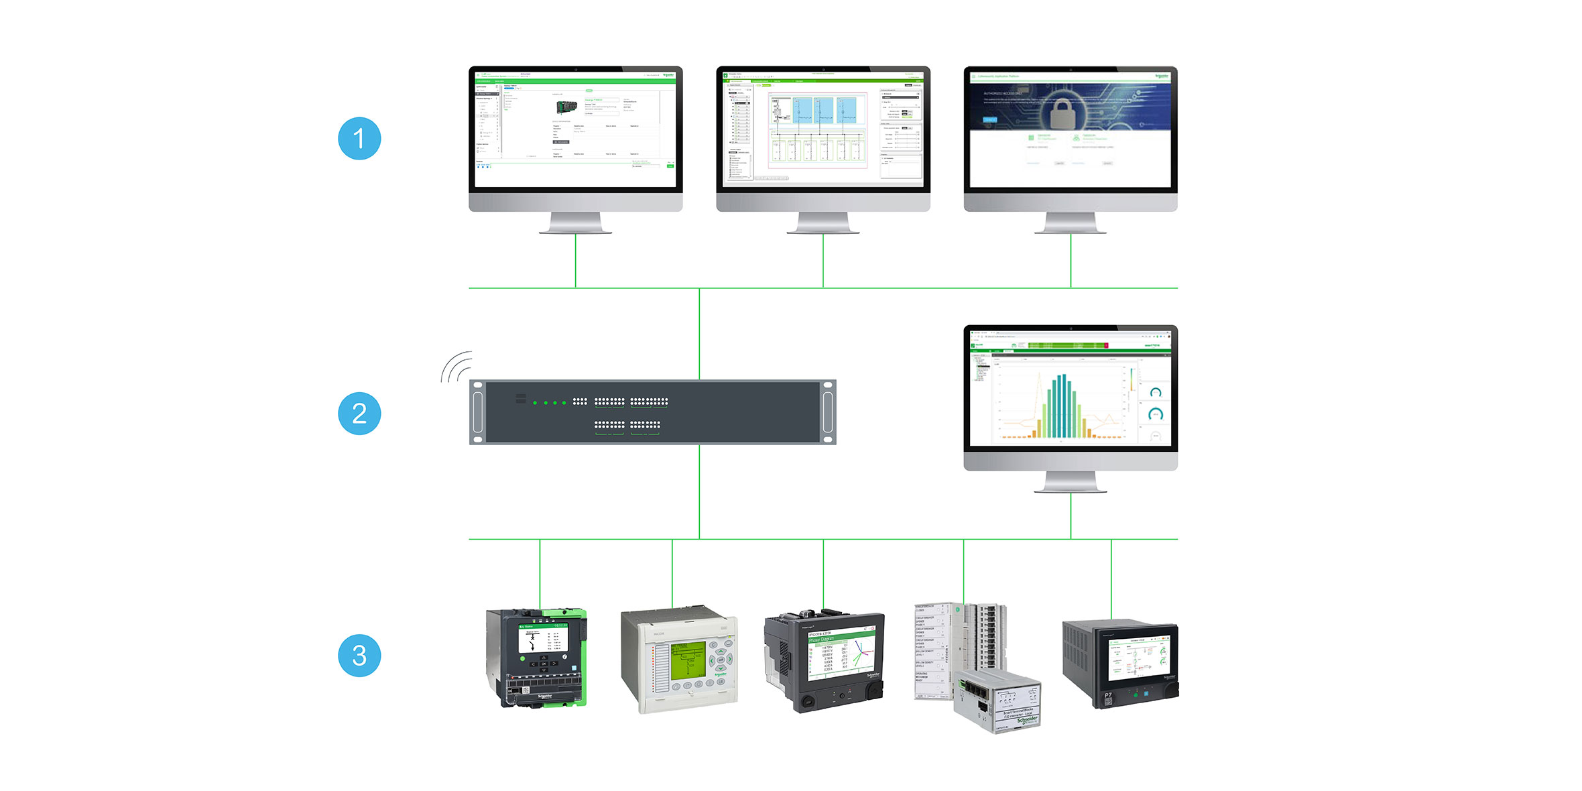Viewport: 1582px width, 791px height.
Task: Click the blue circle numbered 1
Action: point(359,139)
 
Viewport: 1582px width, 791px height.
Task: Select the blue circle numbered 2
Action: point(359,414)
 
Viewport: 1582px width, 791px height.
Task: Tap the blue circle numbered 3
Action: point(359,656)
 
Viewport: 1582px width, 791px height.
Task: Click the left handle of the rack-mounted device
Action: point(477,412)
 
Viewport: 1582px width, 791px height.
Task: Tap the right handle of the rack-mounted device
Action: point(828,412)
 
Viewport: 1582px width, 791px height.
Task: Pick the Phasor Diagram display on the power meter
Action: point(841,654)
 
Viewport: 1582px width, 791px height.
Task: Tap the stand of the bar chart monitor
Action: point(1071,483)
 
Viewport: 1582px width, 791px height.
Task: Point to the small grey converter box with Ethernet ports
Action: point(997,701)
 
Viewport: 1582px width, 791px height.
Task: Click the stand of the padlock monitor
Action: point(1071,223)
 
